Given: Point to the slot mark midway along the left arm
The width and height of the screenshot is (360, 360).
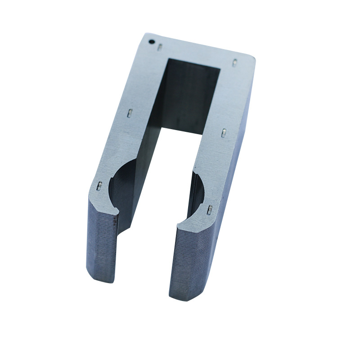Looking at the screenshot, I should (x=129, y=112).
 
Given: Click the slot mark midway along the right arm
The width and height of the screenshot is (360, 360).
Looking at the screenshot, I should (x=224, y=132).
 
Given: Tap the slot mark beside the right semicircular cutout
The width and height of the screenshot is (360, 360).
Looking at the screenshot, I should (x=209, y=209).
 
